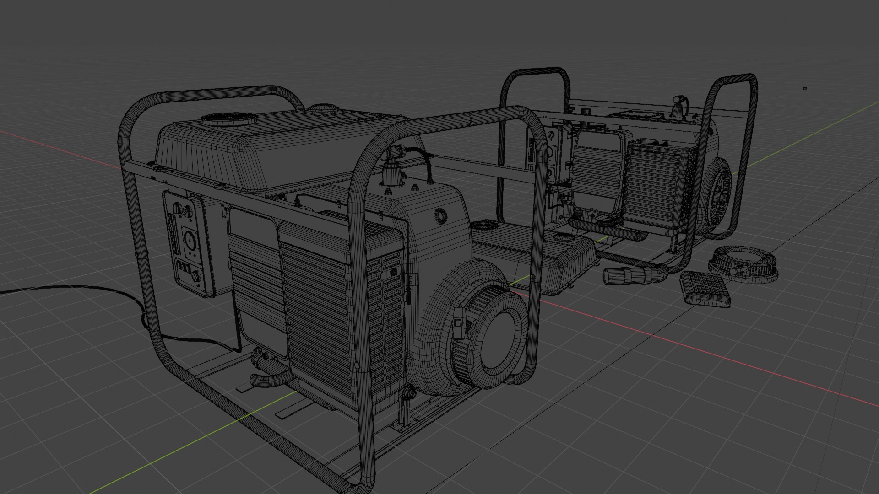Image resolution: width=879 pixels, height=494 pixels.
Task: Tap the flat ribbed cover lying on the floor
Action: coord(705,289)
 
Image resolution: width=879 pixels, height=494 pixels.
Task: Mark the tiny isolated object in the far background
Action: coord(805,89)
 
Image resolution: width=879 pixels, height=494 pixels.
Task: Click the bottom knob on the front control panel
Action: coord(197,276)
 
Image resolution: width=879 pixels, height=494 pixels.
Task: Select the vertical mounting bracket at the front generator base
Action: coord(405,412)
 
